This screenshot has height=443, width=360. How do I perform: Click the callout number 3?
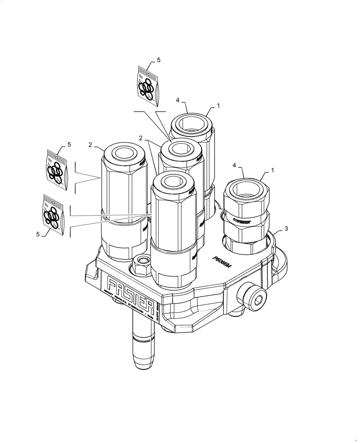(x=287, y=229)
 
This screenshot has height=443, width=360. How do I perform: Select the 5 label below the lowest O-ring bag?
(x=37, y=234)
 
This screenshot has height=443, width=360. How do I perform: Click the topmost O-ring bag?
(x=146, y=85)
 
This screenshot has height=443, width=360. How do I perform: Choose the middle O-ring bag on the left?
(x=57, y=169)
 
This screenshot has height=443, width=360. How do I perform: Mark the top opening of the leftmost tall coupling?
(x=124, y=153)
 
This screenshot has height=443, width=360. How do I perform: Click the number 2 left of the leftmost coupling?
(x=90, y=144)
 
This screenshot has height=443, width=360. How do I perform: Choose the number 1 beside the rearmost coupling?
(x=218, y=106)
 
